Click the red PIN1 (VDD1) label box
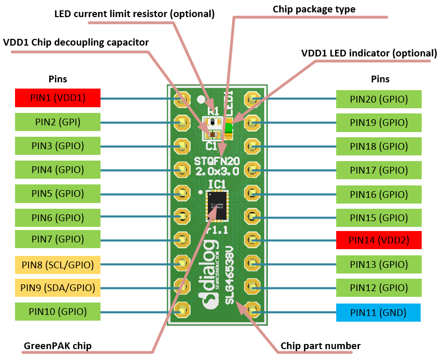pos(58,98)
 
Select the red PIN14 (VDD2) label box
pos(379,240)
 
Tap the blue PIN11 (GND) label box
pos(378,312)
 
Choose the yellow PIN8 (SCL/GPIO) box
pos(58,265)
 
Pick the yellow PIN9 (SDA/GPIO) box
pos(58,287)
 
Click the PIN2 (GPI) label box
pos(58,122)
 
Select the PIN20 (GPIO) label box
pos(379,99)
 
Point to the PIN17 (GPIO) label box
pos(379,169)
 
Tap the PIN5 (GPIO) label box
pos(58,193)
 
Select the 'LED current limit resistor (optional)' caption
pos(134,14)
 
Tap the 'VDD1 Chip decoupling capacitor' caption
pos(76,42)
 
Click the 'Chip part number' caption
pos(320,345)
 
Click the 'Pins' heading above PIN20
pos(380,79)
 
